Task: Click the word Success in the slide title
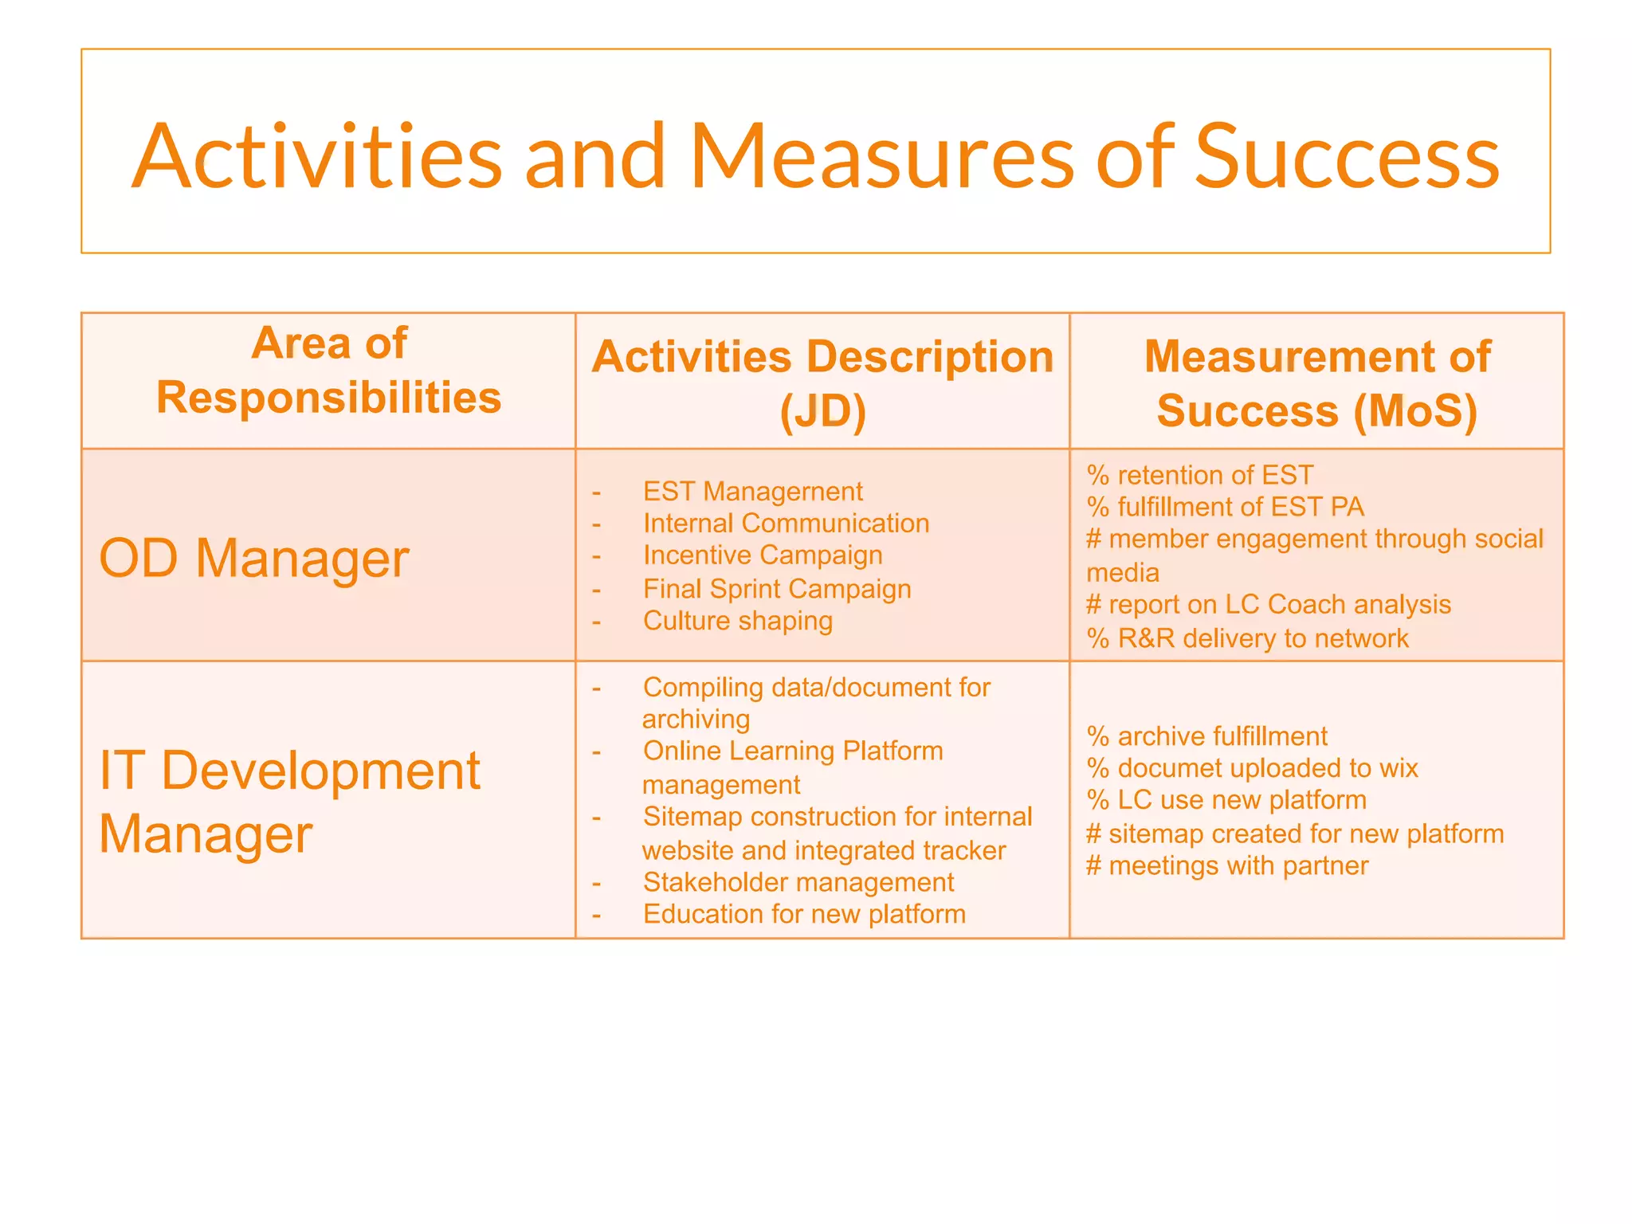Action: (1347, 157)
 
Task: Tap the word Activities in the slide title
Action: (317, 157)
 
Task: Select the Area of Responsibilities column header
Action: (328, 371)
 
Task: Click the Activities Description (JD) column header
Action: (822, 383)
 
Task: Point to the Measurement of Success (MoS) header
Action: (1316, 383)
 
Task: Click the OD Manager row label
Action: (253, 558)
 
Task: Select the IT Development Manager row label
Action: (288, 802)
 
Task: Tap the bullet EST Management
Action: (752, 492)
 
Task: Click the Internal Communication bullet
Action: (786, 524)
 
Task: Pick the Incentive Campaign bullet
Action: (763, 555)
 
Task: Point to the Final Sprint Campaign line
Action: (777, 589)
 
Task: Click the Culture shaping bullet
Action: (738, 621)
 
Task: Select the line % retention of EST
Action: (1199, 475)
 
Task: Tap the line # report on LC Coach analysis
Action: (1268, 605)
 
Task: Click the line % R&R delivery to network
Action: (1247, 638)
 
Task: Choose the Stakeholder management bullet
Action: (798, 882)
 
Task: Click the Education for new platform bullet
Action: (804, 914)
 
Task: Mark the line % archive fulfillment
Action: (1206, 736)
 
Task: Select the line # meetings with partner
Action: (1227, 865)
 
